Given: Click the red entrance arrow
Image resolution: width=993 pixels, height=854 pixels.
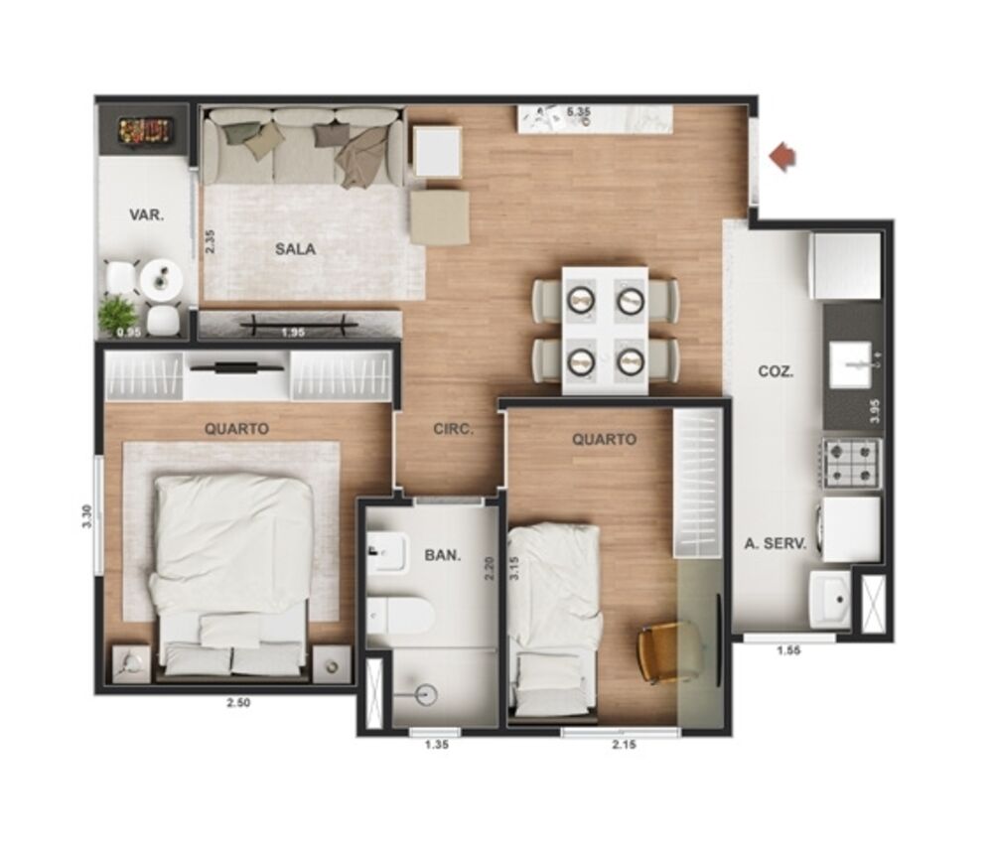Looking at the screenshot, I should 783,156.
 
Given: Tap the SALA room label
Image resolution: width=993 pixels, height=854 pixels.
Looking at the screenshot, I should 295,249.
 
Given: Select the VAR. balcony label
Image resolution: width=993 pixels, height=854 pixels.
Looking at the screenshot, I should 146,214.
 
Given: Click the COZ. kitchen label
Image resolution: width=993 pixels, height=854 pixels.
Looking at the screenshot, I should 776,372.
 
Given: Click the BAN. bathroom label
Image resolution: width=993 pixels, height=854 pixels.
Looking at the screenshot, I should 442,555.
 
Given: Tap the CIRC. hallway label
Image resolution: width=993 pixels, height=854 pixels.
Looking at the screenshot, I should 453,430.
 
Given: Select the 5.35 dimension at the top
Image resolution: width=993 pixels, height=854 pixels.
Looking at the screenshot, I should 579,112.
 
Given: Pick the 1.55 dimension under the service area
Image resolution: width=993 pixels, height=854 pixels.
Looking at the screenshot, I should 788,651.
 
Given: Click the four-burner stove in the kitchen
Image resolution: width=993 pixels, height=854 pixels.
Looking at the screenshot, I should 851,464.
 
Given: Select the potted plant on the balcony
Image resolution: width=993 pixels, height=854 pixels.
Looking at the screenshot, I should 117,314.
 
